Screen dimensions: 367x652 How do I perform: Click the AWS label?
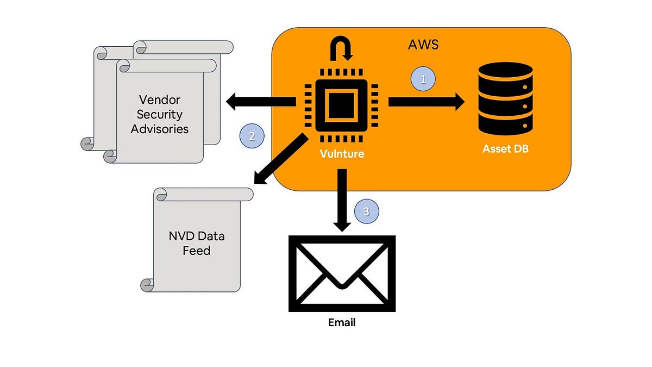(x=423, y=45)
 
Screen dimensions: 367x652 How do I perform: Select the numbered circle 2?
(x=252, y=136)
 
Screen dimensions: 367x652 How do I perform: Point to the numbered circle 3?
(x=366, y=212)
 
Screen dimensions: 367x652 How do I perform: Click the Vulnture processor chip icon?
(x=341, y=102)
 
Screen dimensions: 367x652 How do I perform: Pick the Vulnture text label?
(x=341, y=154)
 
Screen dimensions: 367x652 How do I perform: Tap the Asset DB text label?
(x=505, y=148)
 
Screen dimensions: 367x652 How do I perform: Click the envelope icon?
(x=342, y=273)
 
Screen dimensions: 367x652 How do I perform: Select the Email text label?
(x=342, y=322)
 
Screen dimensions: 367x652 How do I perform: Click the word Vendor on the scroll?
(x=159, y=100)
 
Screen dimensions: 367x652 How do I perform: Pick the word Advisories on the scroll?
(x=159, y=129)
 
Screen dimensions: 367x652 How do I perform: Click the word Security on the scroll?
(x=159, y=114)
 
